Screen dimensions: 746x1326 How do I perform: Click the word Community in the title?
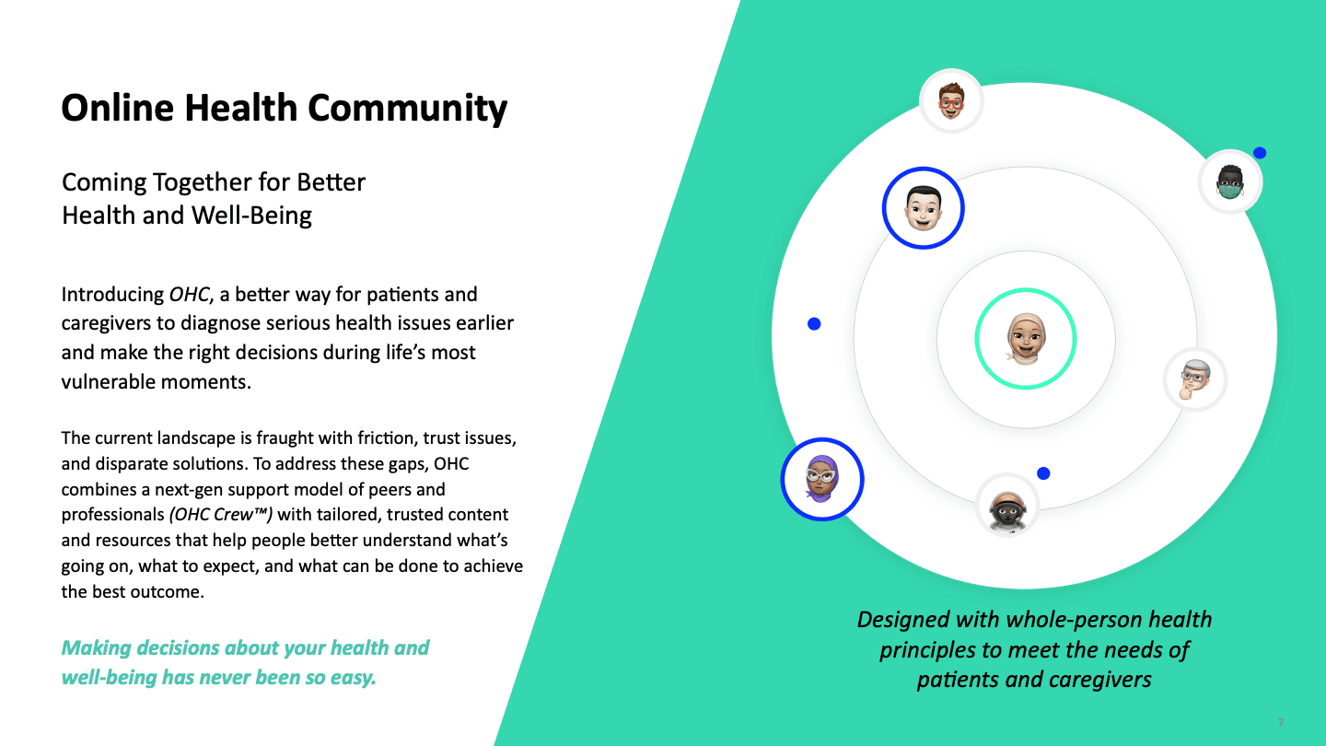point(407,108)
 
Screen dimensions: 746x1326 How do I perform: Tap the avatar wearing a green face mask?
point(1230,182)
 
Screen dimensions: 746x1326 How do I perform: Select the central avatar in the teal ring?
point(1025,339)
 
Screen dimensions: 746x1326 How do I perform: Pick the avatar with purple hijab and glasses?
point(821,479)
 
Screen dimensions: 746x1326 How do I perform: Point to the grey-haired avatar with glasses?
point(1195,379)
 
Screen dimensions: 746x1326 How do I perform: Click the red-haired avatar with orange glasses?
point(951,100)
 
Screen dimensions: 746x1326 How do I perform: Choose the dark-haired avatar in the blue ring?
point(923,207)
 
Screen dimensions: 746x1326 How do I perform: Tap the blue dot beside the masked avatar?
point(1260,153)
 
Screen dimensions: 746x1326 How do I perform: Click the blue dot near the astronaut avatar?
point(1043,473)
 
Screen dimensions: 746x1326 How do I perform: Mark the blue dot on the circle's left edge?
point(814,324)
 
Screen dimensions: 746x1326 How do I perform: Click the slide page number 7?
point(1280,723)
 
